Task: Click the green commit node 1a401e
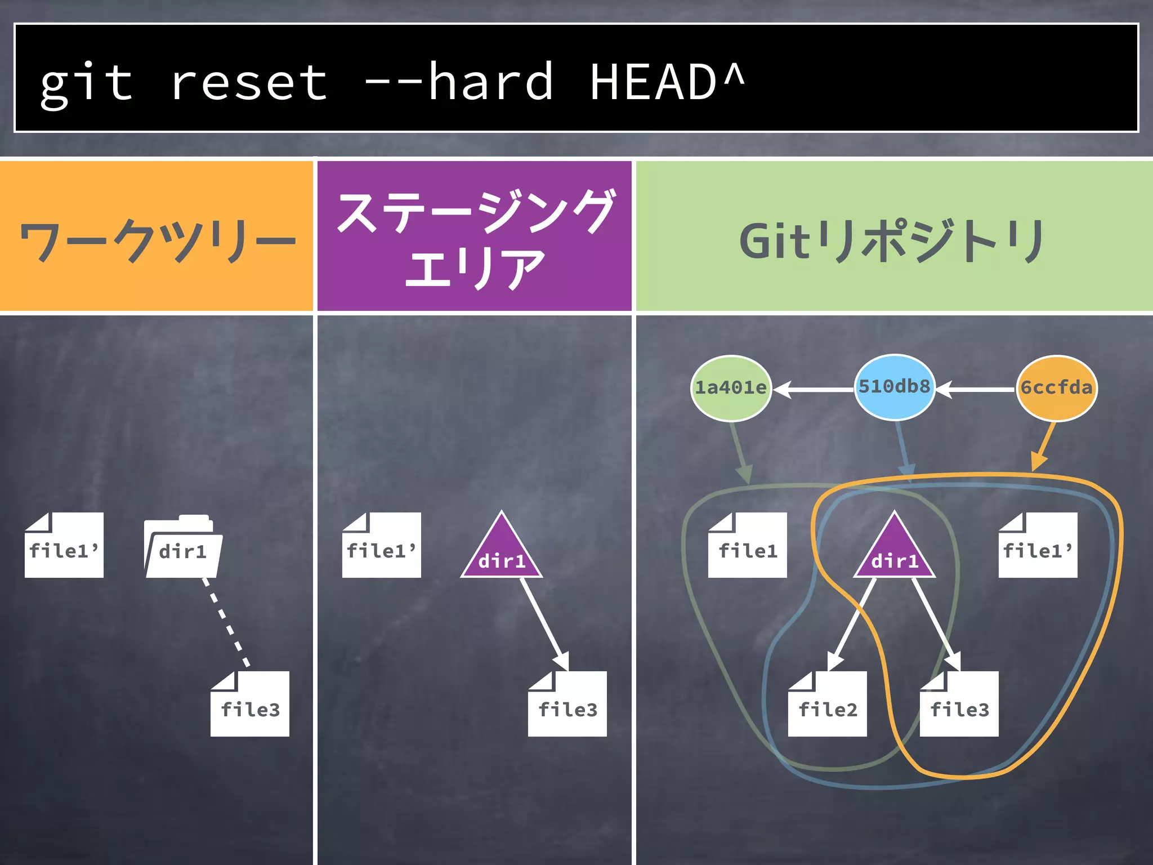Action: pos(731,388)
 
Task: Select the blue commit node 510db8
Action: pos(894,387)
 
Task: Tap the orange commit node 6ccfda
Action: pos(1056,388)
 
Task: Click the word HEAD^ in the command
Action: pos(667,83)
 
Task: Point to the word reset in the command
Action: pos(248,83)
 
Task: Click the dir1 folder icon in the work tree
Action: pos(183,547)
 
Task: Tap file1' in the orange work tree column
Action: pos(64,546)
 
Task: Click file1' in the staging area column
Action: pos(381,546)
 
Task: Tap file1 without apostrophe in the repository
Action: pos(747,546)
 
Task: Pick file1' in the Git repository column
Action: pos(1038,546)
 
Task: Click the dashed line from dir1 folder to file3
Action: pos(226,623)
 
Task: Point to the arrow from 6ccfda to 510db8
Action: pos(976,389)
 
